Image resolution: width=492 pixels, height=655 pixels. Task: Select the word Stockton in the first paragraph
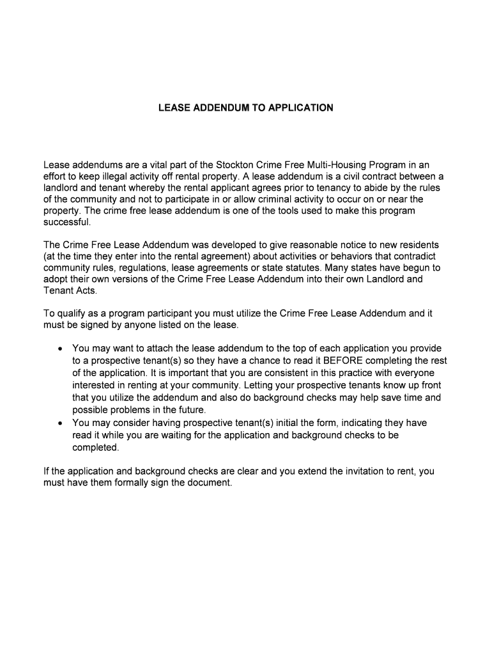click(x=241, y=165)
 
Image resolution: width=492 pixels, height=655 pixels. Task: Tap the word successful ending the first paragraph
click(x=67, y=223)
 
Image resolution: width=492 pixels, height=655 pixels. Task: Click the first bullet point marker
click(x=59, y=349)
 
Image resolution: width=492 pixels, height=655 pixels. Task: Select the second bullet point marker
click(x=59, y=423)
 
